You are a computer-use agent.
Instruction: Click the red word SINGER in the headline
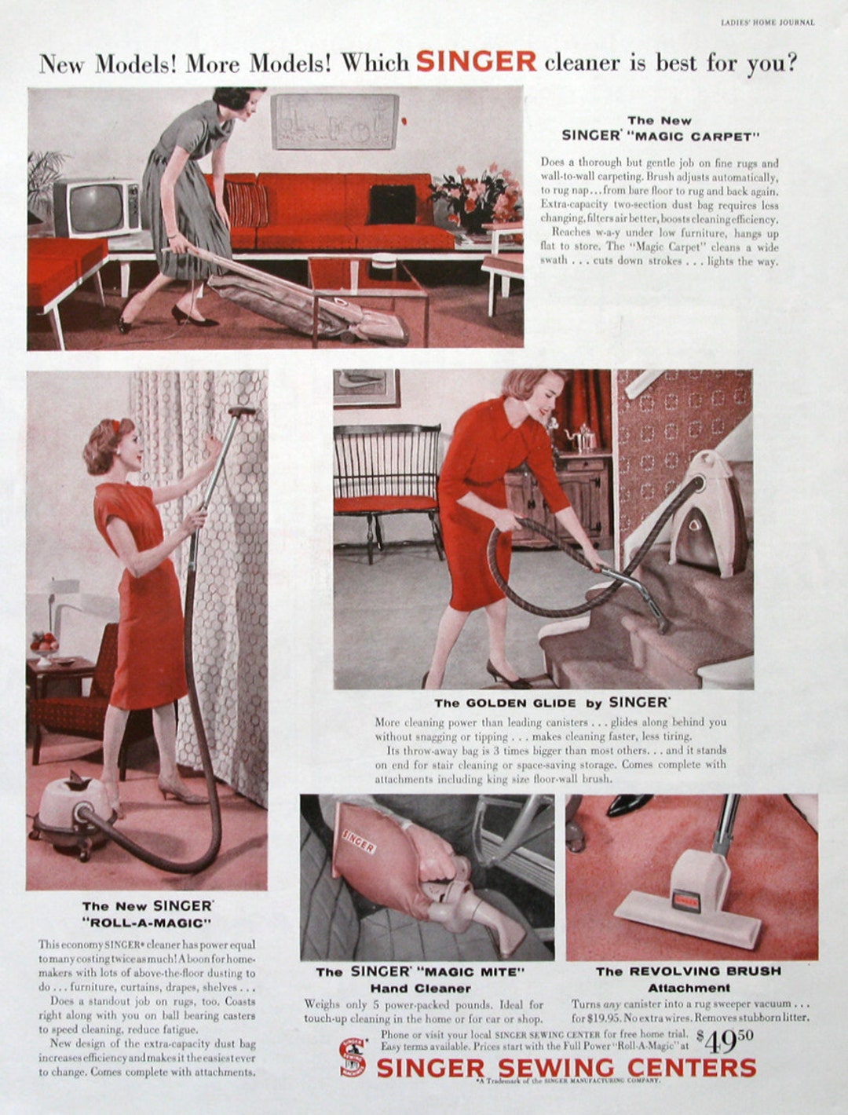(476, 61)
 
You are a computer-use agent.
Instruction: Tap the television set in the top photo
(97, 207)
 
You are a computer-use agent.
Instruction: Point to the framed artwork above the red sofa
(335, 122)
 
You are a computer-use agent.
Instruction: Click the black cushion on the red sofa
(392, 204)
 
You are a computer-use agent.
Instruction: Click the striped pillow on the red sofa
(247, 204)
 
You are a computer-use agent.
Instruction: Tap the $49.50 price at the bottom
(726, 1041)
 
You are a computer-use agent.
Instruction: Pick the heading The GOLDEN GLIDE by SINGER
(552, 703)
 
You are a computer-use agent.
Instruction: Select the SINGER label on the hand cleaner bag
(358, 843)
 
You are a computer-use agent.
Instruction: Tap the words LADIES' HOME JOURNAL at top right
(767, 23)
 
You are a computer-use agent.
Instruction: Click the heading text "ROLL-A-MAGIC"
(147, 923)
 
